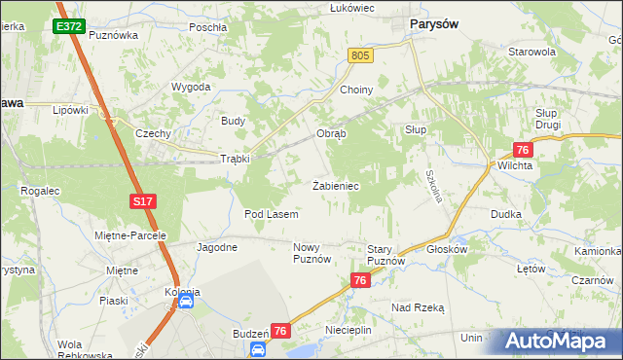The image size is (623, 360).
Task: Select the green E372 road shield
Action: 68,27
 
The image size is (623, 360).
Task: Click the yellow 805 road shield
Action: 361,57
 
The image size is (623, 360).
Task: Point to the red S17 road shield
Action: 142,201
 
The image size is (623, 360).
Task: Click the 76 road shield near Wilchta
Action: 523,150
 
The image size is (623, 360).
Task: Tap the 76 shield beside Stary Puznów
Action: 361,280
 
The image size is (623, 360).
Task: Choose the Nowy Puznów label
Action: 312,254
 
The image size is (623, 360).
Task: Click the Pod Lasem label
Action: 271,213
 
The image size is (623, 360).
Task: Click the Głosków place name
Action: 448,249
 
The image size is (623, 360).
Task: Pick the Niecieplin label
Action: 348,331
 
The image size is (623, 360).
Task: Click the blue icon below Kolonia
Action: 186,303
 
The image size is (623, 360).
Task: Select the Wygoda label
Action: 191,87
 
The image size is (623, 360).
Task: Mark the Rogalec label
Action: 40,191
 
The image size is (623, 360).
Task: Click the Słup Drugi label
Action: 553,120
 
